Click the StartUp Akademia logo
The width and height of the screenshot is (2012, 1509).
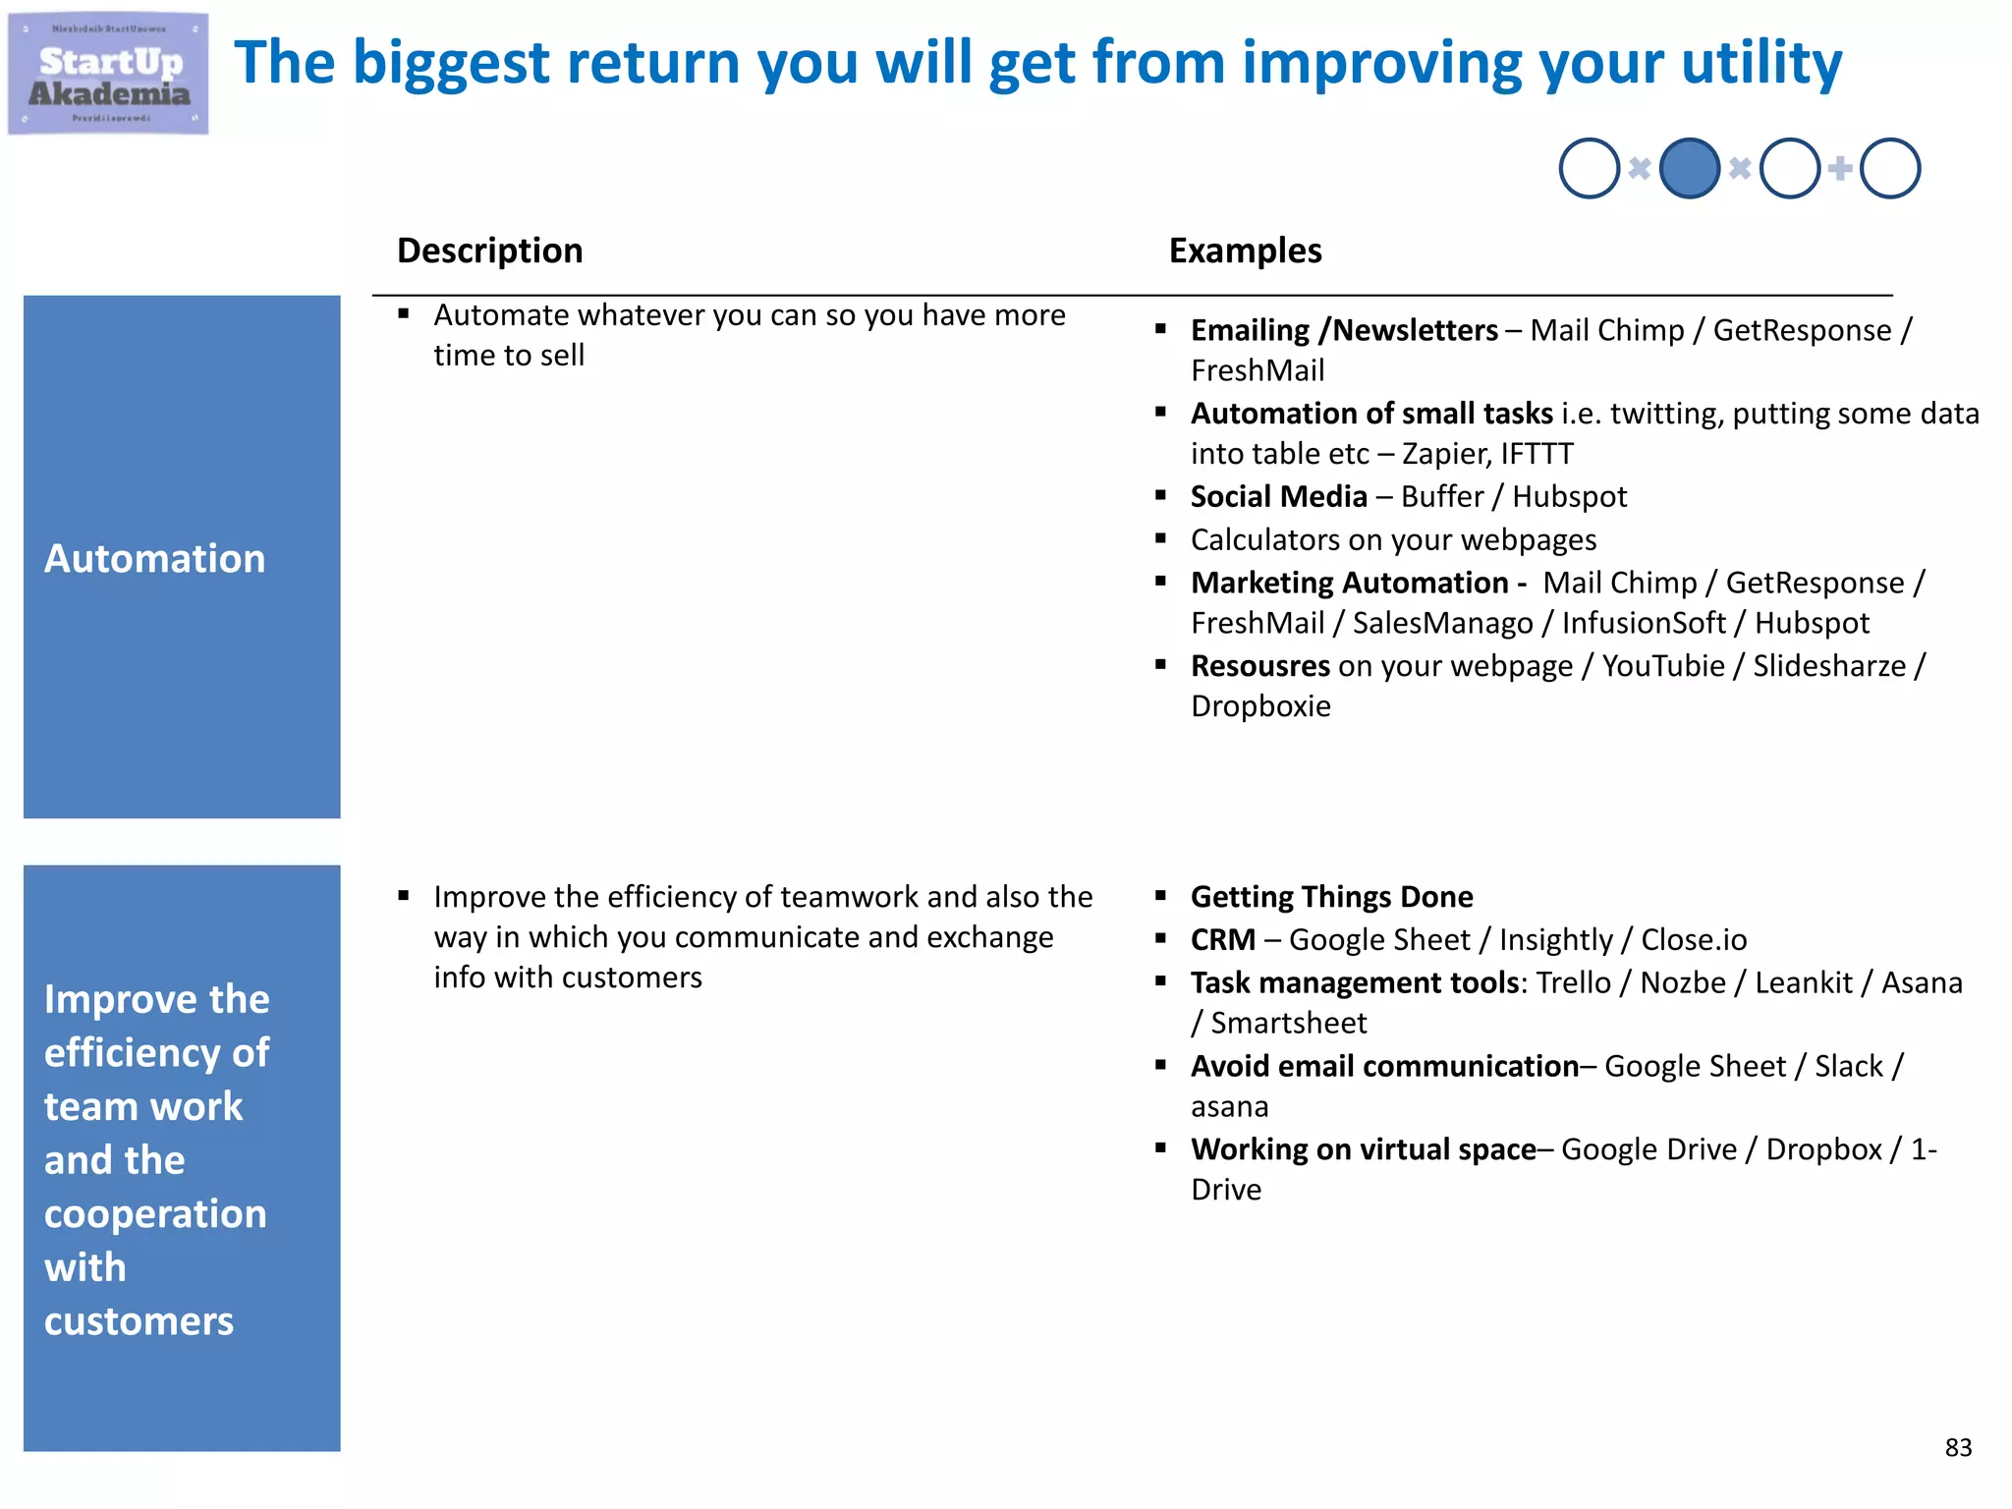108,75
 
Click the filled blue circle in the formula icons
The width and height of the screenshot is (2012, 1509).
1689,168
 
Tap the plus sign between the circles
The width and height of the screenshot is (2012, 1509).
1839,168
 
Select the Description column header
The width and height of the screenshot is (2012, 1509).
489,251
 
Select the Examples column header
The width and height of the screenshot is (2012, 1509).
1245,251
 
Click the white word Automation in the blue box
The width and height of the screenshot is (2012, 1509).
154,558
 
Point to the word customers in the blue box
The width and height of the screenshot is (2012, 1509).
139,1320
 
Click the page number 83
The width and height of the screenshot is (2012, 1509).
1957,1447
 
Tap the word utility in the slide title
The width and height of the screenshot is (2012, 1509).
1761,63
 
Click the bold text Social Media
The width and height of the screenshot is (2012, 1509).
1278,496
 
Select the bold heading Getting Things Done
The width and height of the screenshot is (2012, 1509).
1331,897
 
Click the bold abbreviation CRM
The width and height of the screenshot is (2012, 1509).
1222,940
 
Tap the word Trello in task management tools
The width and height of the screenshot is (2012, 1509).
1573,982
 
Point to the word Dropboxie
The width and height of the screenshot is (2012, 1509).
1260,706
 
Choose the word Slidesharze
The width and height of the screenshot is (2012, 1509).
1828,666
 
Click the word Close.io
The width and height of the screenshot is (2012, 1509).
1694,940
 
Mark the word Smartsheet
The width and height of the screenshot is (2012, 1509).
1288,1024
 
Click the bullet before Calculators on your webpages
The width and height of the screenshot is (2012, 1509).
1160,538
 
